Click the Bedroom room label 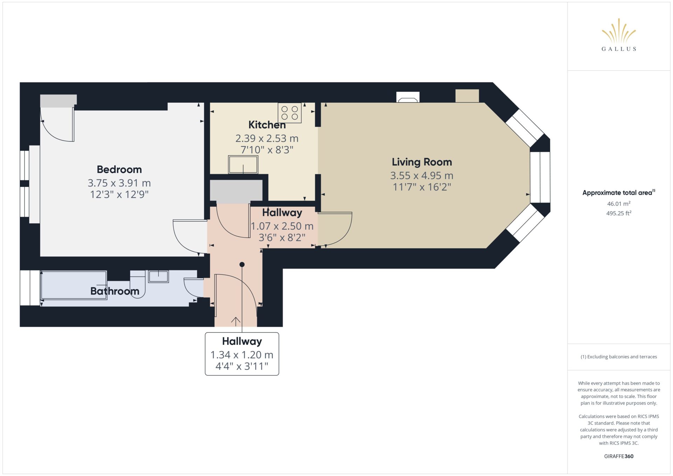click(x=119, y=170)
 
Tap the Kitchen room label click(x=267, y=125)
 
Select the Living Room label click(x=422, y=162)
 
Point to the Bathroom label click(x=115, y=291)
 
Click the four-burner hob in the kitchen click(x=290, y=113)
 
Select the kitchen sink click(x=243, y=164)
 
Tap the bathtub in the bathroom click(x=74, y=285)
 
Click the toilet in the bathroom click(x=137, y=284)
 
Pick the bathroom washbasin click(x=158, y=277)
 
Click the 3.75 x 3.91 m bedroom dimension click(x=119, y=183)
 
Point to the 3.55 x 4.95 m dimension click(x=422, y=176)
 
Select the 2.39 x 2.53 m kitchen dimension click(x=267, y=138)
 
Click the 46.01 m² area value click(x=619, y=204)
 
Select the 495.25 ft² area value click(x=619, y=213)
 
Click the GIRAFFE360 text click(x=619, y=456)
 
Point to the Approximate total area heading click(x=619, y=192)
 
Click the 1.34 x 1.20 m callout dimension click(x=242, y=355)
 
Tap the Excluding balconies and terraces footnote click(x=619, y=357)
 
